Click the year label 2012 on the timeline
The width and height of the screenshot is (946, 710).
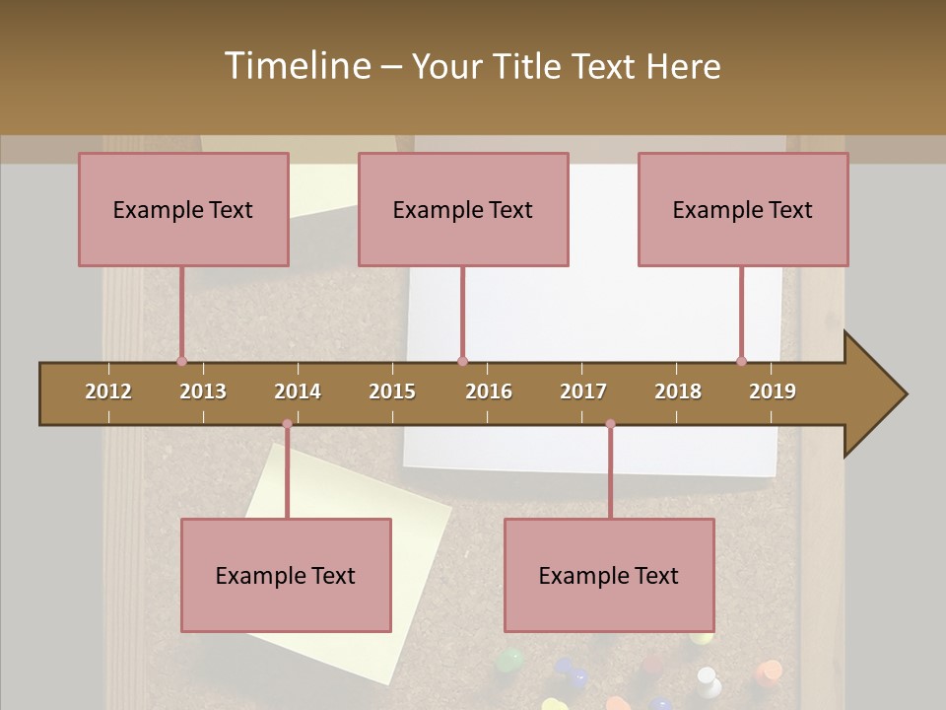pyautogui.click(x=108, y=391)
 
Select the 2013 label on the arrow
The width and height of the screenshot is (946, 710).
pyautogui.click(x=203, y=391)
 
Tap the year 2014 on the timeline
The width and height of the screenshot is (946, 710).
pyautogui.click(x=298, y=391)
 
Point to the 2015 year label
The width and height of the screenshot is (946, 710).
pyautogui.click(x=392, y=391)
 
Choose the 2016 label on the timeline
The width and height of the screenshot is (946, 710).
pyautogui.click(x=489, y=391)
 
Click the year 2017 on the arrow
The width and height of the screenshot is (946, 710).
pyautogui.click(x=583, y=391)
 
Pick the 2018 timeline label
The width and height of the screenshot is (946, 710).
pyautogui.click(x=678, y=391)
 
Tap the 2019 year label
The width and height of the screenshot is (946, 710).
pyautogui.click(x=773, y=391)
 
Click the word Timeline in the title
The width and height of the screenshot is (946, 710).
pyautogui.click(x=296, y=66)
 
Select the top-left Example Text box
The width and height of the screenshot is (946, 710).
pyautogui.click(x=183, y=209)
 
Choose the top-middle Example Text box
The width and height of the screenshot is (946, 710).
pyautogui.click(x=463, y=209)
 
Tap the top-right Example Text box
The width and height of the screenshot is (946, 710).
pyautogui.click(x=743, y=209)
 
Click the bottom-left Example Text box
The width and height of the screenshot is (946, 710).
pyautogui.click(x=286, y=575)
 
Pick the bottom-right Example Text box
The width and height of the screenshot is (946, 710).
pyautogui.click(x=609, y=575)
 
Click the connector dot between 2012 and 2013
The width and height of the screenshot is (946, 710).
pyautogui.click(x=181, y=361)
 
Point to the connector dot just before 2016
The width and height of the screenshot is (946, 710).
pyautogui.click(x=462, y=361)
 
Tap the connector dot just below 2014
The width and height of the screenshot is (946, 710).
pyautogui.click(x=287, y=424)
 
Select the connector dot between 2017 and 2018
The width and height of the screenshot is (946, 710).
pyautogui.click(x=610, y=424)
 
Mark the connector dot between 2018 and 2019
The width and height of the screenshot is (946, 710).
pyautogui.click(x=741, y=361)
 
